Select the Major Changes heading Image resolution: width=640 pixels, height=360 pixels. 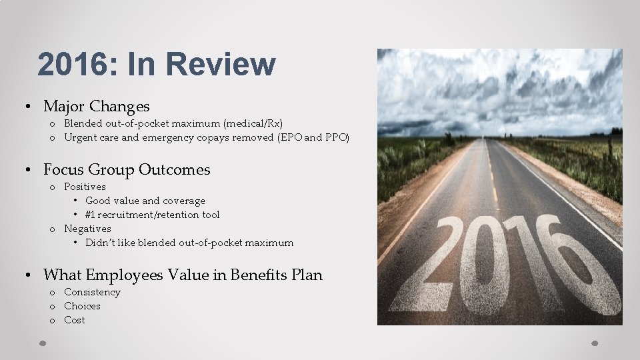96,106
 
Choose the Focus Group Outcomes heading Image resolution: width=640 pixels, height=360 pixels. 126,170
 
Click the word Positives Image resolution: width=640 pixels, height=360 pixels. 85,187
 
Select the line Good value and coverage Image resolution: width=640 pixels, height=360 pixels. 145,201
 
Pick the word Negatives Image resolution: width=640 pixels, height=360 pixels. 87,229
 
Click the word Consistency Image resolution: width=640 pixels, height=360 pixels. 92,292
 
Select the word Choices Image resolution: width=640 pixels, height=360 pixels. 82,306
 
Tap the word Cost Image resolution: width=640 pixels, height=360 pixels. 75,320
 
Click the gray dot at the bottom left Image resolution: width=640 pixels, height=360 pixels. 42,344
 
